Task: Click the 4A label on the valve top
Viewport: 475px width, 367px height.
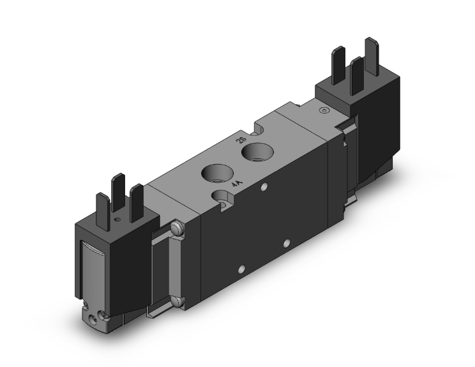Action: pyautogui.click(x=237, y=184)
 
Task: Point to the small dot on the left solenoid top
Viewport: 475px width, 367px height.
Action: pyautogui.click(x=116, y=218)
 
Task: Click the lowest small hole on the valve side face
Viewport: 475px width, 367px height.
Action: pyautogui.click(x=242, y=269)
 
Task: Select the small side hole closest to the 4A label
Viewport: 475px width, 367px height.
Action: pyautogui.click(x=262, y=188)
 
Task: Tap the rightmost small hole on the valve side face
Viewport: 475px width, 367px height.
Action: pyautogui.click(x=286, y=243)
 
